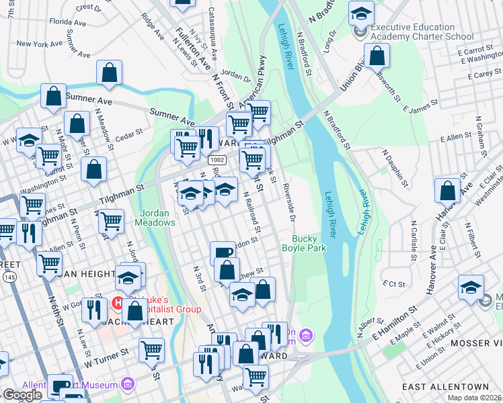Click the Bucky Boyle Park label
(x=309, y=244)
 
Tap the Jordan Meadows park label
(x=157, y=218)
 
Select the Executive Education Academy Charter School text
(x=422, y=32)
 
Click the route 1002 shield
(x=217, y=160)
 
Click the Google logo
(x=22, y=395)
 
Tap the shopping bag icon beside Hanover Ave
(x=447, y=191)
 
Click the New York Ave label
(x=38, y=44)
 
